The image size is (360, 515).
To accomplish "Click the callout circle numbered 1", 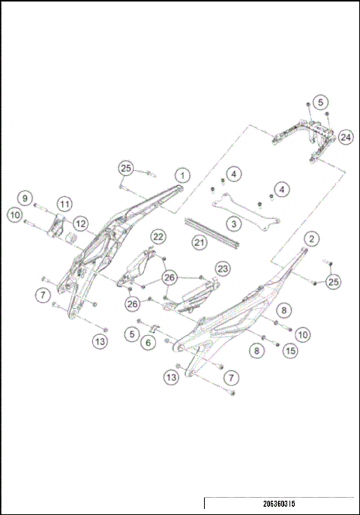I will pos(181,176).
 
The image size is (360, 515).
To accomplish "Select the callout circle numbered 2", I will pos(310,239).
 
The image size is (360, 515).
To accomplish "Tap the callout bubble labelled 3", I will pos(234,223).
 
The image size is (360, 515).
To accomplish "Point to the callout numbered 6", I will pos(148,342).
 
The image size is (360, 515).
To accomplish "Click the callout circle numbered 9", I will pos(24,199).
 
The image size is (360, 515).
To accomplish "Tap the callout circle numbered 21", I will pos(199,241).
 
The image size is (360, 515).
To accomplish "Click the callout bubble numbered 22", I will pos(158,236).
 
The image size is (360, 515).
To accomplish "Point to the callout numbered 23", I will pos(222,268).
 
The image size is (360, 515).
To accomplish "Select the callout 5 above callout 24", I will pos(319,101).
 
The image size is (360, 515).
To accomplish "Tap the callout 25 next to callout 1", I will pos(126,168).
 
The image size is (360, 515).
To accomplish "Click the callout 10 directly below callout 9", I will pos(14,214).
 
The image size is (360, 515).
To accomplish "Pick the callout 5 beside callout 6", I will pos(132,333).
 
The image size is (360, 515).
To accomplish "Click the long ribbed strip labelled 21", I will pos(212,234).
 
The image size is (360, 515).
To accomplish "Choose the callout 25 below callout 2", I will pos(333,281).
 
